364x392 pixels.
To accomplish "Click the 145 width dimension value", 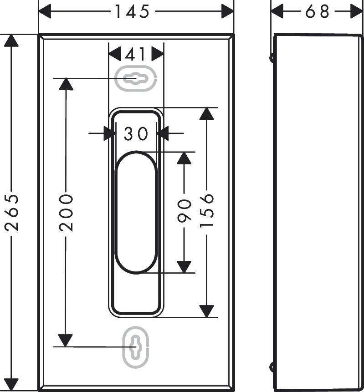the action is coord(132,11).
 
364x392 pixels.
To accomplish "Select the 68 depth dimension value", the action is coord(317,11).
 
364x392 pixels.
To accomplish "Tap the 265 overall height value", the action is coord(11,212).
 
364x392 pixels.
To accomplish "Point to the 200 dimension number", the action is coord(66,212).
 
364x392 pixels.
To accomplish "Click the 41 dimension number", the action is coord(135,54).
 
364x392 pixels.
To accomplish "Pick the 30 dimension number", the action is coord(136,133).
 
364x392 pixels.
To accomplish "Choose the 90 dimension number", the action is coord(184,210).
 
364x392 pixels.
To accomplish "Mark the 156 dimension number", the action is coord(207,210).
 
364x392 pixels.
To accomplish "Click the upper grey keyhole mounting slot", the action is coord(136,78).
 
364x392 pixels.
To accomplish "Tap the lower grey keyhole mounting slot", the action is coord(136,347).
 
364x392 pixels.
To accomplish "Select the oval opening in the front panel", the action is coord(136,212).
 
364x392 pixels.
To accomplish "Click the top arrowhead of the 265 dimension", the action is coord(11,40).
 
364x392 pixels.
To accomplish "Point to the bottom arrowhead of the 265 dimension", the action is coord(11,385).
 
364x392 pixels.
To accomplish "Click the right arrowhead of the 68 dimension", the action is coord(356,11).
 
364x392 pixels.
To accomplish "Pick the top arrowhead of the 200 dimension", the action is coord(66,84).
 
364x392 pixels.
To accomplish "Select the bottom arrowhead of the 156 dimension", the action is coord(207,311).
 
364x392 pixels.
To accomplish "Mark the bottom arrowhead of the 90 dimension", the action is coord(184,267).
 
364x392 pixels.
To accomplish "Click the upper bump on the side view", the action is coord(272,58).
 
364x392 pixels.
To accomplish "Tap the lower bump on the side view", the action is coord(272,367).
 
